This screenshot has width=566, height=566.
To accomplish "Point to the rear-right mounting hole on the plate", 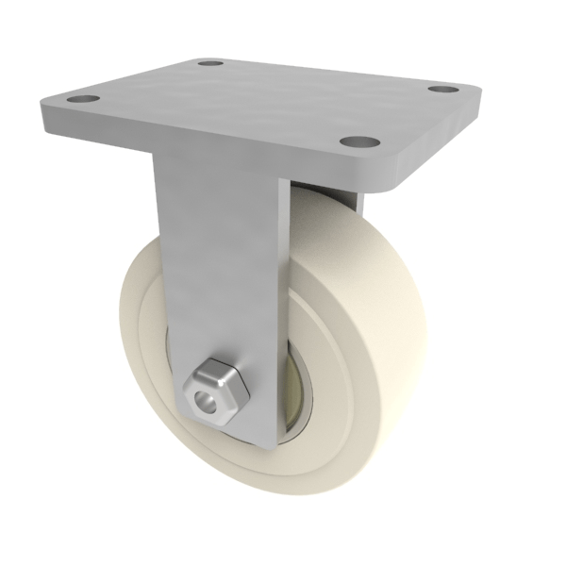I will click(x=440, y=91).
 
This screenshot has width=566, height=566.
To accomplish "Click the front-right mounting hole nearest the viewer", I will click(x=355, y=142).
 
